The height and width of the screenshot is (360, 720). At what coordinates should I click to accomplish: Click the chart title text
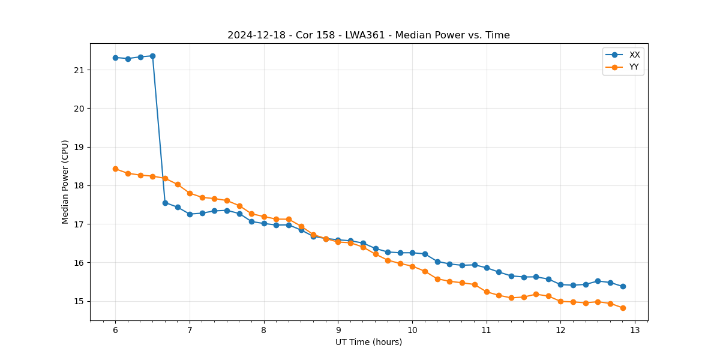(x=368, y=35)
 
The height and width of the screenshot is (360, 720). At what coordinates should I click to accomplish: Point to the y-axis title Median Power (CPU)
(x=65, y=182)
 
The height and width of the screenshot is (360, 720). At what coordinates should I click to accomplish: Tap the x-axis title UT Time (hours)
(x=368, y=342)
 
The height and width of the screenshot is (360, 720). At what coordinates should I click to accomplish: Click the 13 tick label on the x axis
(x=635, y=330)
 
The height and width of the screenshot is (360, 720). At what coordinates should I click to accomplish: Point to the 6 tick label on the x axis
(x=115, y=330)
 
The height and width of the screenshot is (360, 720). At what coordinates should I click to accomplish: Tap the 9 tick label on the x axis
(x=338, y=330)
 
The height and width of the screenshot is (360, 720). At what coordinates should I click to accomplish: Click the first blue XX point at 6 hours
(x=115, y=58)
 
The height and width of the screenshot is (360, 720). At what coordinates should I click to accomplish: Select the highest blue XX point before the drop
(x=152, y=56)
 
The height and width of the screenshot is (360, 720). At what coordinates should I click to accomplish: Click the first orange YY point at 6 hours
(x=115, y=169)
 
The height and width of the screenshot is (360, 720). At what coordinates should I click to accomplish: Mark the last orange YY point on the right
(x=623, y=308)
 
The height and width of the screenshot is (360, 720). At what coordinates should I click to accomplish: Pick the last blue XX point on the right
(x=623, y=286)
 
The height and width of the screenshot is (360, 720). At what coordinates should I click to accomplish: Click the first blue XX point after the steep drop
(x=165, y=203)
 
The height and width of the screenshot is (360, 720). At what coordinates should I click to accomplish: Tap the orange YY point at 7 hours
(x=190, y=193)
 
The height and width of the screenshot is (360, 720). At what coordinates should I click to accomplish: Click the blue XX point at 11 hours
(x=487, y=268)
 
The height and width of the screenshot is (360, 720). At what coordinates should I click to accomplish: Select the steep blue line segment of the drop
(x=159, y=129)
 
